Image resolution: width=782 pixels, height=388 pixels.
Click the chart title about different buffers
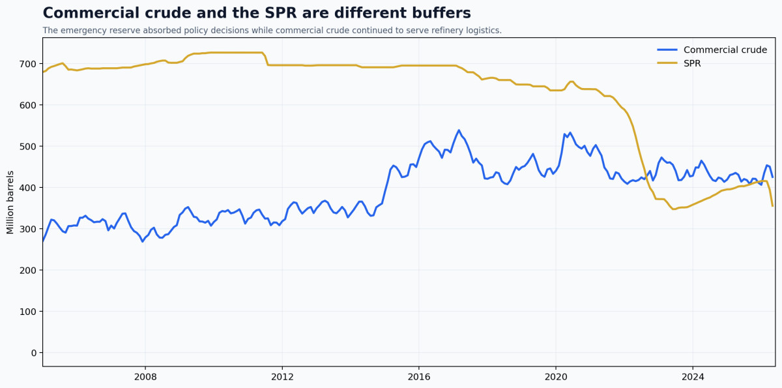(257, 13)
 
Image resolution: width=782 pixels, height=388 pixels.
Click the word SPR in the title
(281, 13)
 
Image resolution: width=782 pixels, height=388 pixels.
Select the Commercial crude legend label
(725, 50)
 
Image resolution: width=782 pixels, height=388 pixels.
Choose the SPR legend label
(692, 63)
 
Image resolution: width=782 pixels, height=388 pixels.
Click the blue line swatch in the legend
(667, 50)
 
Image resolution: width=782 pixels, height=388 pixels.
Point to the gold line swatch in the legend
(667, 63)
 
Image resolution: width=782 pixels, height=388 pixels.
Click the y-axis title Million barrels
(10, 202)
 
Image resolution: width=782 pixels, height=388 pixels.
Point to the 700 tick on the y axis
(28, 64)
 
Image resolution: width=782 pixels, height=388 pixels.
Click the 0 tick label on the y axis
(33, 353)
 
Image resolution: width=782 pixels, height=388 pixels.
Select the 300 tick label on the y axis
(28, 229)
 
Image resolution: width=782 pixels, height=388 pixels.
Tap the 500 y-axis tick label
(28, 147)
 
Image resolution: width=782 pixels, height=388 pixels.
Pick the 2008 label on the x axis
(145, 377)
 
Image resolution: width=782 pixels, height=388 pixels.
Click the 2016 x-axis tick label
(419, 377)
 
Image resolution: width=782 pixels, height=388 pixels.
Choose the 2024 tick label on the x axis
(693, 377)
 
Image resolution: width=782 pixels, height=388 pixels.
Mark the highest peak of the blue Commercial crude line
(459, 130)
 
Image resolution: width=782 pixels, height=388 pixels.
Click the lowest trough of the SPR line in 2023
(673, 209)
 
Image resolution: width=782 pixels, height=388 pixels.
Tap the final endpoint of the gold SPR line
(773, 206)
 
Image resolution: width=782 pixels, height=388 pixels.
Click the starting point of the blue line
(43, 241)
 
